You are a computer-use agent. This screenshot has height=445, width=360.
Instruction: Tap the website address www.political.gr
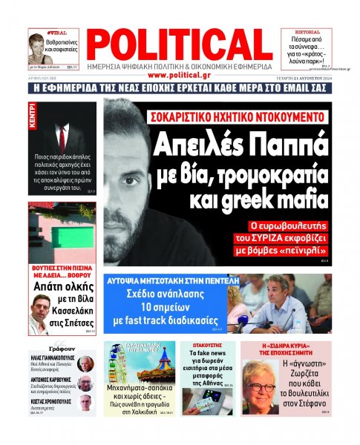click(x=179, y=75)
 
